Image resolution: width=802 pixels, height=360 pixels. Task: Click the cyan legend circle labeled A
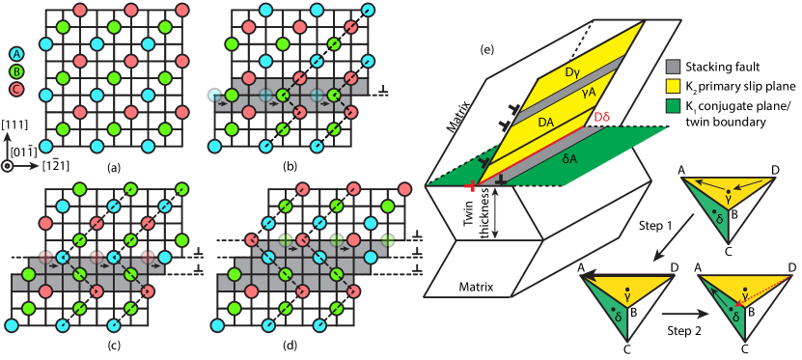[16, 54]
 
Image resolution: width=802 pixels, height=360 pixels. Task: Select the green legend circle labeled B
[16, 71]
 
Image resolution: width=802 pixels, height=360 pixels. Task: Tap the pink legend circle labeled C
[16, 89]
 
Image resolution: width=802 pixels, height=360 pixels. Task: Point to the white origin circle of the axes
[8, 166]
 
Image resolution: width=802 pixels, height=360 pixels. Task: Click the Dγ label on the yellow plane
[572, 71]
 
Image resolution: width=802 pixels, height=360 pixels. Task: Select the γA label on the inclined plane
[589, 92]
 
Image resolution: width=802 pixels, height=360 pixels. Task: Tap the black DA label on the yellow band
[546, 122]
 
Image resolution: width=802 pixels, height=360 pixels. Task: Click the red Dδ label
[601, 117]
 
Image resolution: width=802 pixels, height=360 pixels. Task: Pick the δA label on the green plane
[569, 158]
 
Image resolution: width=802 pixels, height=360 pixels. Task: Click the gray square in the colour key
[673, 67]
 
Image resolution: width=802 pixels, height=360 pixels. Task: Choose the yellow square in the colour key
[673, 86]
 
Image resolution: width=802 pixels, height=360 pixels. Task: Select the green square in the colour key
[673, 105]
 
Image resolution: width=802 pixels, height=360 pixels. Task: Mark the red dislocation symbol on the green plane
[470, 185]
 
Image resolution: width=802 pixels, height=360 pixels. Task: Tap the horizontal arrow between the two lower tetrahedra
[684, 314]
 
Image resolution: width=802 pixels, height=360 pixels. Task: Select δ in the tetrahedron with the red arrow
[736, 317]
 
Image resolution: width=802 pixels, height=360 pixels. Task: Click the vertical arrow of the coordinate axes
[8, 146]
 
